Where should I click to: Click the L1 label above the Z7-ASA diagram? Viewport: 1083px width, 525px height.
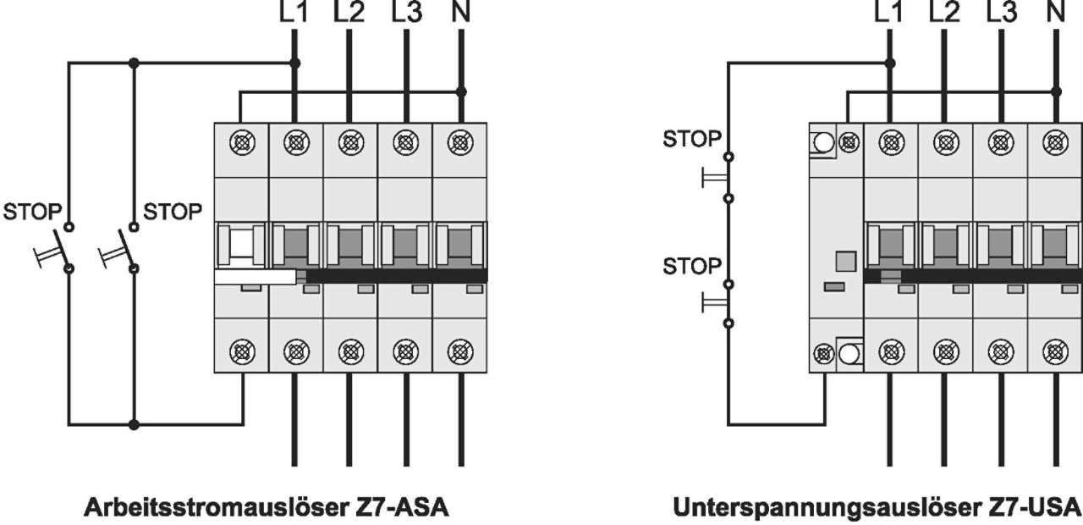click(294, 12)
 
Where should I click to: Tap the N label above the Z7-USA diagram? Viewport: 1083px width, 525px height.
click(1056, 12)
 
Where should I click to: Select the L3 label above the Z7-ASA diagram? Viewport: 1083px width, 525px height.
click(405, 12)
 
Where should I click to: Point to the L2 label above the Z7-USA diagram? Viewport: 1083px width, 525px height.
click(944, 12)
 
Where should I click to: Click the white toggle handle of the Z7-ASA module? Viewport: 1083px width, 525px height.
click(255, 277)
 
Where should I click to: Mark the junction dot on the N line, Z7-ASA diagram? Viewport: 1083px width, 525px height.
click(460, 91)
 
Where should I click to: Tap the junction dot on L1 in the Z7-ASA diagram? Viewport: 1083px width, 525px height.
click(294, 63)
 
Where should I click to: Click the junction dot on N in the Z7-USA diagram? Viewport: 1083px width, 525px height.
click(1056, 91)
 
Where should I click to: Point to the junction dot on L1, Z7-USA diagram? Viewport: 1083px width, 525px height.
click(889, 63)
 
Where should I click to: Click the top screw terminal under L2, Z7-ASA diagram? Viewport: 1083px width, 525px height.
click(349, 140)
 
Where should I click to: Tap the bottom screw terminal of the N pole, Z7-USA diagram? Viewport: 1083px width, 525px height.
click(1056, 349)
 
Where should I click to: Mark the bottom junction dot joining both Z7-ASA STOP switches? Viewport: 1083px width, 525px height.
click(133, 423)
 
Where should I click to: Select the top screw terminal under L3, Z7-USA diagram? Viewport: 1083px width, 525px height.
click(1000, 140)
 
